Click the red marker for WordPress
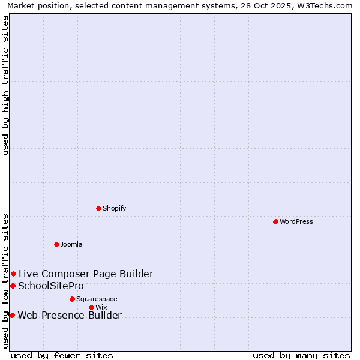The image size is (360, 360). click(x=275, y=221)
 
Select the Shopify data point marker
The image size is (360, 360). click(x=98, y=208)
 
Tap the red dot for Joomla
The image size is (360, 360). click(x=56, y=244)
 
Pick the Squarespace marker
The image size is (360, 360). click(x=72, y=299)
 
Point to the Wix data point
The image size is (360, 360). click(x=91, y=307)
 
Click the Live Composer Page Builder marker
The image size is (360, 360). click(x=13, y=274)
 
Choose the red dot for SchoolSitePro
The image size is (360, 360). click(x=13, y=286)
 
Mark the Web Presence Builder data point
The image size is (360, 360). click(x=12, y=315)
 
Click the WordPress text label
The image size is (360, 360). click(x=296, y=221)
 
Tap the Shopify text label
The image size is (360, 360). click(x=114, y=208)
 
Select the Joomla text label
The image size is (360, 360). click(x=71, y=244)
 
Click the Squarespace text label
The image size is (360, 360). click(x=97, y=299)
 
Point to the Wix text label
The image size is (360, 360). click(x=101, y=307)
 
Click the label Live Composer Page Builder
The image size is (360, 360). click(x=86, y=274)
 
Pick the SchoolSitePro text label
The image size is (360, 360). click(x=51, y=286)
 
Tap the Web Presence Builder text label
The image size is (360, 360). click(x=70, y=315)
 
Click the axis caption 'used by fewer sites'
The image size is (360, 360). click(x=62, y=355)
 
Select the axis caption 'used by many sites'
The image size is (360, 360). click(x=301, y=355)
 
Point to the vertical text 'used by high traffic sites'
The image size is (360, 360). click(x=6, y=86)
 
